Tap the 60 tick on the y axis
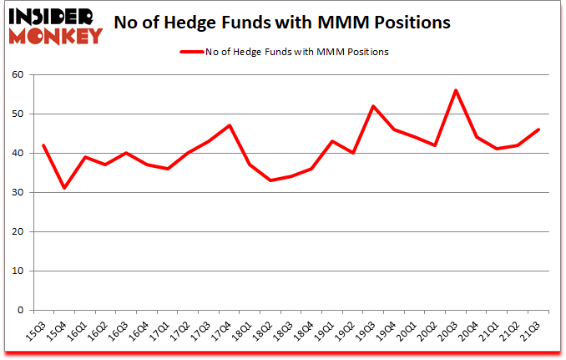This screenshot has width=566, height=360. point(18,75)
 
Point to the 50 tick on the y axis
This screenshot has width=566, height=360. point(18,114)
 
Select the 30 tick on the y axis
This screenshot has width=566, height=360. point(18,193)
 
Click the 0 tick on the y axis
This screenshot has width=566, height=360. point(20,311)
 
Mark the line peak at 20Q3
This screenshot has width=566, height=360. point(456,90)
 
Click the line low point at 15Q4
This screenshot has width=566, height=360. point(64,188)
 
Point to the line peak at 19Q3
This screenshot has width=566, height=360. point(373,106)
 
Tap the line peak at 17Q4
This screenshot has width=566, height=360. point(229,125)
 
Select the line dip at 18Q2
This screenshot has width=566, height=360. point(270,180)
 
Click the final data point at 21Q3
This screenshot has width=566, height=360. point(538,129)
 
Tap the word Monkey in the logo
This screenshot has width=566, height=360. point(57,35)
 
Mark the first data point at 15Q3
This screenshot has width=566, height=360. point(43,145)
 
